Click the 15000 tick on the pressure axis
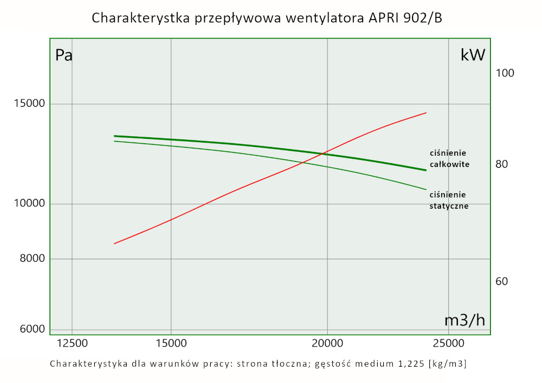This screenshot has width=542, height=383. (x=26, y=104)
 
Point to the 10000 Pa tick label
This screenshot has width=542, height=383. (x=26, y=204)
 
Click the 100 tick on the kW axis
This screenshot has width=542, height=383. (x=505, y=73)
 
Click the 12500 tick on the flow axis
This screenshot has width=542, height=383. (x=72, y=343)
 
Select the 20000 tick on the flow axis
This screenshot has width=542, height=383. (x=327, y=343)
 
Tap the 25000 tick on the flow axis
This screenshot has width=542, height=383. (x=451, y=343)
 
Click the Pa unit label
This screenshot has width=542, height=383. (x=64, y=55)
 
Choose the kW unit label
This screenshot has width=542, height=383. (x=473, y=55)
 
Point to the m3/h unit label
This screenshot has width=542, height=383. (x=464, y=320)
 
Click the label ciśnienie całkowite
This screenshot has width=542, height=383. (x=449, y=158)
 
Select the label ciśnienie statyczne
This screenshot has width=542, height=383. (x=449, y=200)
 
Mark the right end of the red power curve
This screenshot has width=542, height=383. (x=427, y=113)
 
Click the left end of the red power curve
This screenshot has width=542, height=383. (x=114, y=244)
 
